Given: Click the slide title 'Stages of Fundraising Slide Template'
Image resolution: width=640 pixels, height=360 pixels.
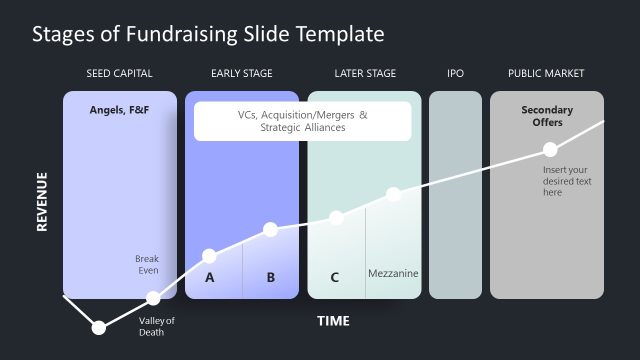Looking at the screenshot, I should pyautogui.click(x=208, y=34).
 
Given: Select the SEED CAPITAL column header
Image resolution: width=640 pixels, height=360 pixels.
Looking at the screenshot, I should pyautogui.click(x=120, y=74).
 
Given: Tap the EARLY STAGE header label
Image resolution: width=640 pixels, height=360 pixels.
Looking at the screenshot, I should pyautogui.click(x=241, y=74).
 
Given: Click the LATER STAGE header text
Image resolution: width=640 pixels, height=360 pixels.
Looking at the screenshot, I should pyautogui.click(x=365, y=74).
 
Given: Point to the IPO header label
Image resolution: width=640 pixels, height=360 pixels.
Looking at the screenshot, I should pyautogui.click(x=455, y=74).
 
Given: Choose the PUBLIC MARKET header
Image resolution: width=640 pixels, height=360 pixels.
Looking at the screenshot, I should pyautogui.click(x=546, y=74).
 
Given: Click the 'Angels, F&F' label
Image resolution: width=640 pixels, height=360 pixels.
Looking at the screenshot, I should pyautogui.click(x=119, y=109).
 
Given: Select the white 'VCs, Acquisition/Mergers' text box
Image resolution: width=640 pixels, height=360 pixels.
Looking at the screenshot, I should pyautogui.click(x=302, y=121).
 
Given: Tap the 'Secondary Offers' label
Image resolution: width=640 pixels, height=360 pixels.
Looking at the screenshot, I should pyautogui.click(x=547, y=116).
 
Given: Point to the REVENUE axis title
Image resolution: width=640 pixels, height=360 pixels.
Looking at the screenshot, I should pyautogui.click(x=42, y=202).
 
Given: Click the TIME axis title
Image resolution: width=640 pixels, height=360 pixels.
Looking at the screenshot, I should pyautogui.click(x=333, y=321).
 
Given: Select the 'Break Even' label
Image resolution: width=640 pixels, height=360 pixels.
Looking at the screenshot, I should pyautogui.click(x=147, y=265).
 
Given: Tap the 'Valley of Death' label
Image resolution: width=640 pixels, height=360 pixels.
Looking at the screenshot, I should pyautogui.click(x=157, y=326).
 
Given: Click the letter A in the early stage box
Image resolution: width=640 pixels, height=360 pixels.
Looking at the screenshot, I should pyautogui.click(x=210, y=278).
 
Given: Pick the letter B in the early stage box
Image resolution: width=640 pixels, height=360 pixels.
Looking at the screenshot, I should pyautogui.click(x=270, y=278).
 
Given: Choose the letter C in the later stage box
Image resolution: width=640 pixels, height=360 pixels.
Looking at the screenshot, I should pyautogui.click(x=334, y=278).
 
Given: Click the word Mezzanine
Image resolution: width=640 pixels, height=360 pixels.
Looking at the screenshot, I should pyautogui.click(x=393, y=274).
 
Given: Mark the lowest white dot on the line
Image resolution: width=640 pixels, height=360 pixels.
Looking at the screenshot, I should pyautogui.click(x=98, y=327).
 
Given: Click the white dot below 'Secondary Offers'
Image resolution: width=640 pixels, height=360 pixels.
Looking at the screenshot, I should pyautogui.click(x=549, y=149).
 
